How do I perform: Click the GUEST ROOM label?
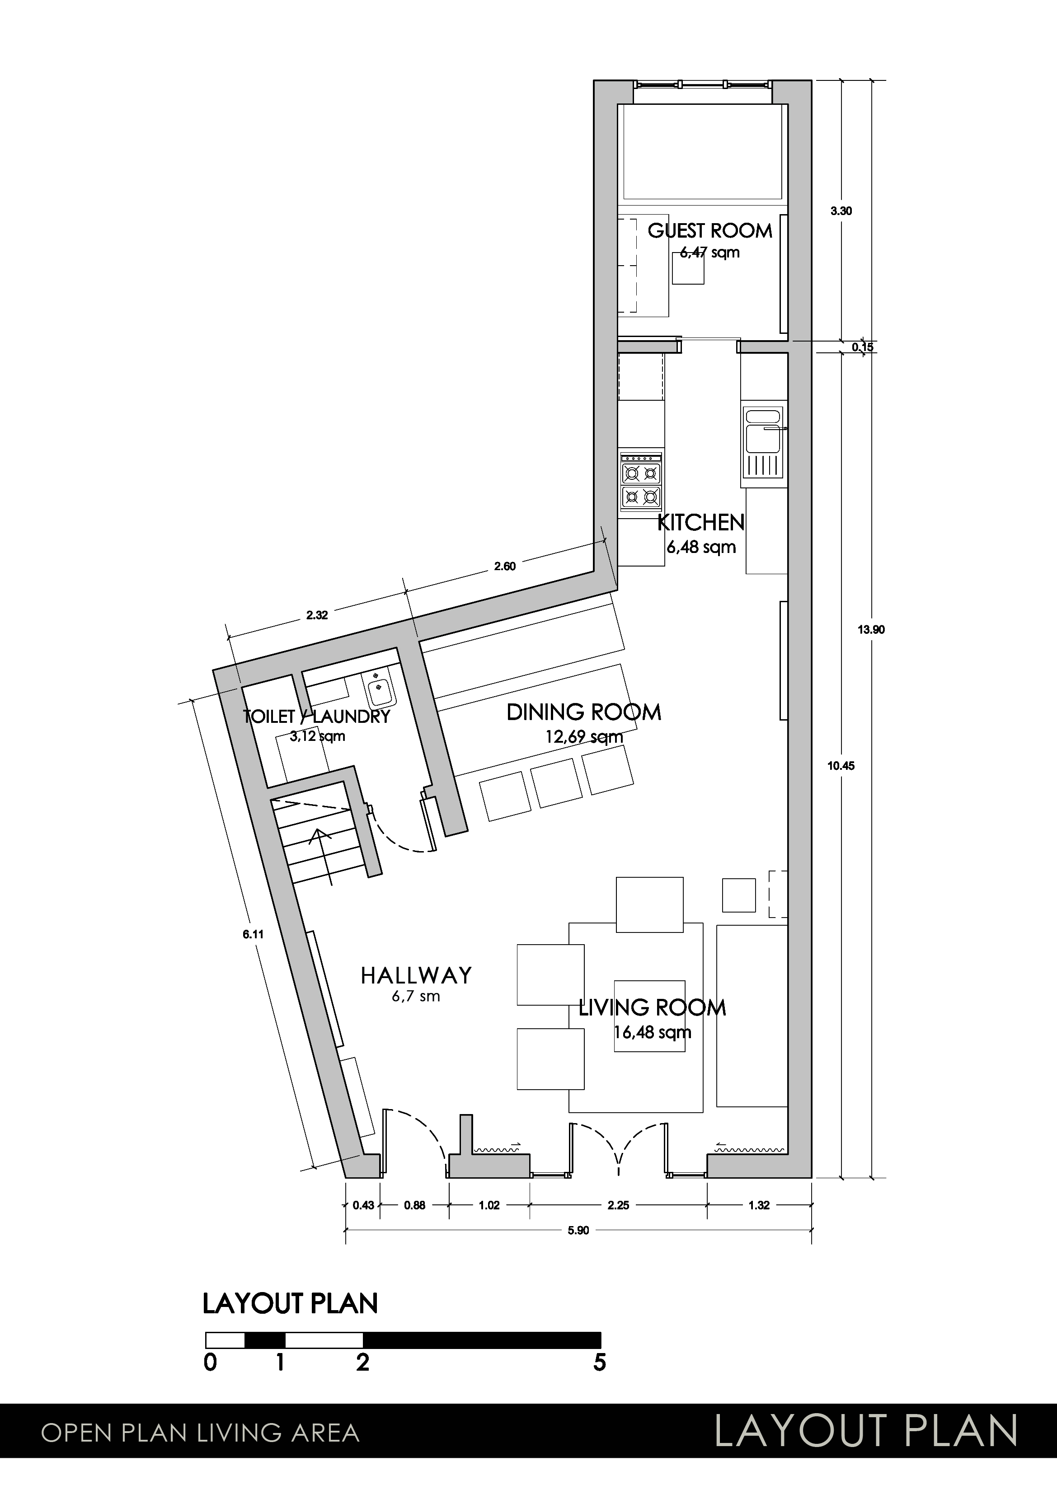click(709, 230)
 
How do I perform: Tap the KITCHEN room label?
click(701, 522)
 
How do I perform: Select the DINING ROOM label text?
click(584, 712)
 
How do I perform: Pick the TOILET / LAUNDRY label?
click(316, 717)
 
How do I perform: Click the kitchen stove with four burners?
click(642, 481)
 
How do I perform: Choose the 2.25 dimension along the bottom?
click(618, 1205)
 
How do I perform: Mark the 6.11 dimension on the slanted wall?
click(253, 934)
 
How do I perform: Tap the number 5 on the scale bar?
click(599, 1363)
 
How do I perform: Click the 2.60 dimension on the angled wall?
click(504, 566)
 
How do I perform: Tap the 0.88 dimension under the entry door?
click(414, 1205)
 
